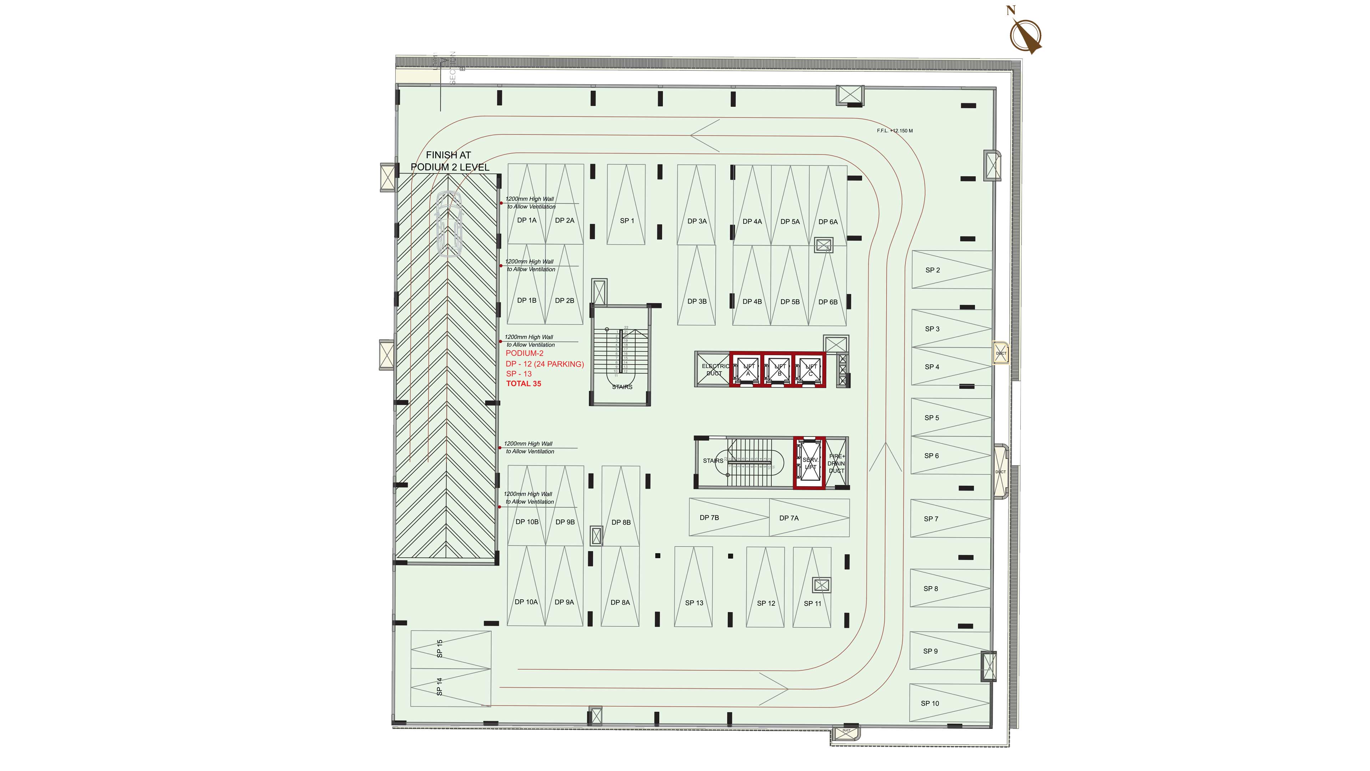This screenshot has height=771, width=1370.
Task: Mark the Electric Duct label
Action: (715, 370)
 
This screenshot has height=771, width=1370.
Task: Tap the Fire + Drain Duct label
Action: (837, 463)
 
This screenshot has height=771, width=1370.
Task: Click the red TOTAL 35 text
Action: (523, 384)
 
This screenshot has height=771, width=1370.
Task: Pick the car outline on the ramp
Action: (448, 225)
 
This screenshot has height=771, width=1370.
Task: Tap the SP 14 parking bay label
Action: (439, 686)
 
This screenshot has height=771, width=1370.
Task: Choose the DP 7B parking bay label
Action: (709, 518)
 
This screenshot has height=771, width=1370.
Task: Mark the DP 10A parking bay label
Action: (526, 602)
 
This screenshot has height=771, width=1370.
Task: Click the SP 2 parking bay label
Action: (932, 270)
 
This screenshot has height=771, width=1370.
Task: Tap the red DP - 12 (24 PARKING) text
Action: (544, 364)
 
